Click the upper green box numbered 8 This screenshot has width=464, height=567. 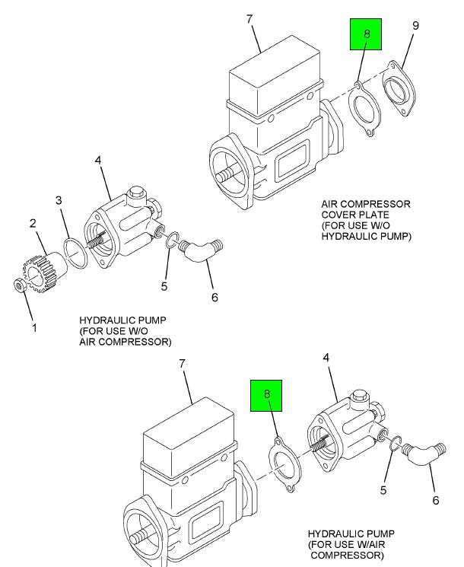[365, 36]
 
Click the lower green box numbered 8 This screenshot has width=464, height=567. [267, 395]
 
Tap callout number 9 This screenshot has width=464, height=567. [416, 27]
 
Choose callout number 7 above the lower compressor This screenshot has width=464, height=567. [182, 364]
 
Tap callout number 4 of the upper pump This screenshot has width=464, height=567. [98, 160]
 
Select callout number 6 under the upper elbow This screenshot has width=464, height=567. [215, 297]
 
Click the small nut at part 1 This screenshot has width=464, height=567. [20, 285]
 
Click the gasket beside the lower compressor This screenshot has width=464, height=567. [284, 464]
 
